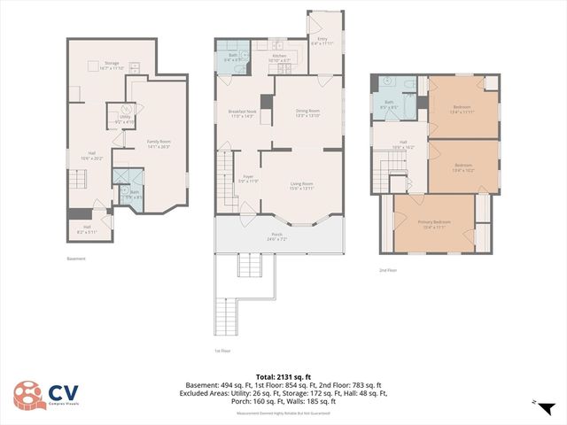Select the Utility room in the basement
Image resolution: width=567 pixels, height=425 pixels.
tap(125, 119)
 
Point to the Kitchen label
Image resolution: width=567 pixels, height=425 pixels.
tap(279, 58)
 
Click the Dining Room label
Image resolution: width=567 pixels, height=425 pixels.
tap(307, 112)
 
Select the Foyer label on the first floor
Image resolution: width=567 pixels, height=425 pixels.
tap(249, 179)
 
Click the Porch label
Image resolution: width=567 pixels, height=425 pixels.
tap(277, 237)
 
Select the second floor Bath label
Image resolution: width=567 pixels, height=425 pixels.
tap(389, 104)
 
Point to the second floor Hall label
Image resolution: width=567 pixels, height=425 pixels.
tap(403, 144)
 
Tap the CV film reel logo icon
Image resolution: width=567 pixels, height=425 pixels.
tap(27, 396)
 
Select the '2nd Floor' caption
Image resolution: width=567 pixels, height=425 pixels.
tap(388, 270)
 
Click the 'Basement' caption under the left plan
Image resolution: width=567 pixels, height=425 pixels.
tap(76, 259)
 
